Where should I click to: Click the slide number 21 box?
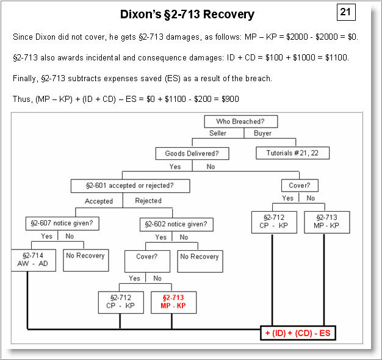(x=346, y=12)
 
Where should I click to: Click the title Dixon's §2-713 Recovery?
(x=187, y=14)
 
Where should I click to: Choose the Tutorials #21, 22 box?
(x=292, y=153)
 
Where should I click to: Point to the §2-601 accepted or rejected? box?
(x=129, y=185)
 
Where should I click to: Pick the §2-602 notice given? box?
(x=176, y=224)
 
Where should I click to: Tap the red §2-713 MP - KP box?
(x=173, y=302)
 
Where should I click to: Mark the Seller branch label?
(x=218, y=134)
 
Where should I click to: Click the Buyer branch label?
(x=262, y=134)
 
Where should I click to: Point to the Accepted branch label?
(x=98, y=201)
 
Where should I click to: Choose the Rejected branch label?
(x=148, y=201)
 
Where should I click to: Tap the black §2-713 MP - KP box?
(x=326, y=222)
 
